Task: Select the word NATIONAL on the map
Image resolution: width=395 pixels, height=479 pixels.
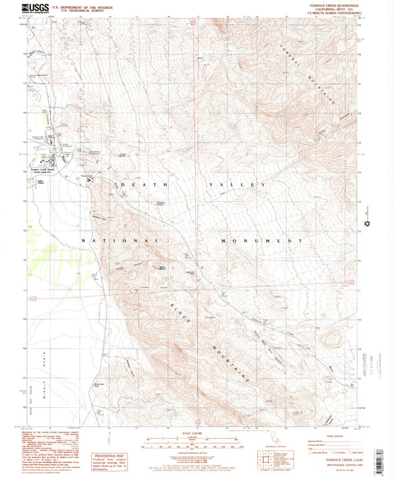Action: pyautogui.click(x=119, y=241)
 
